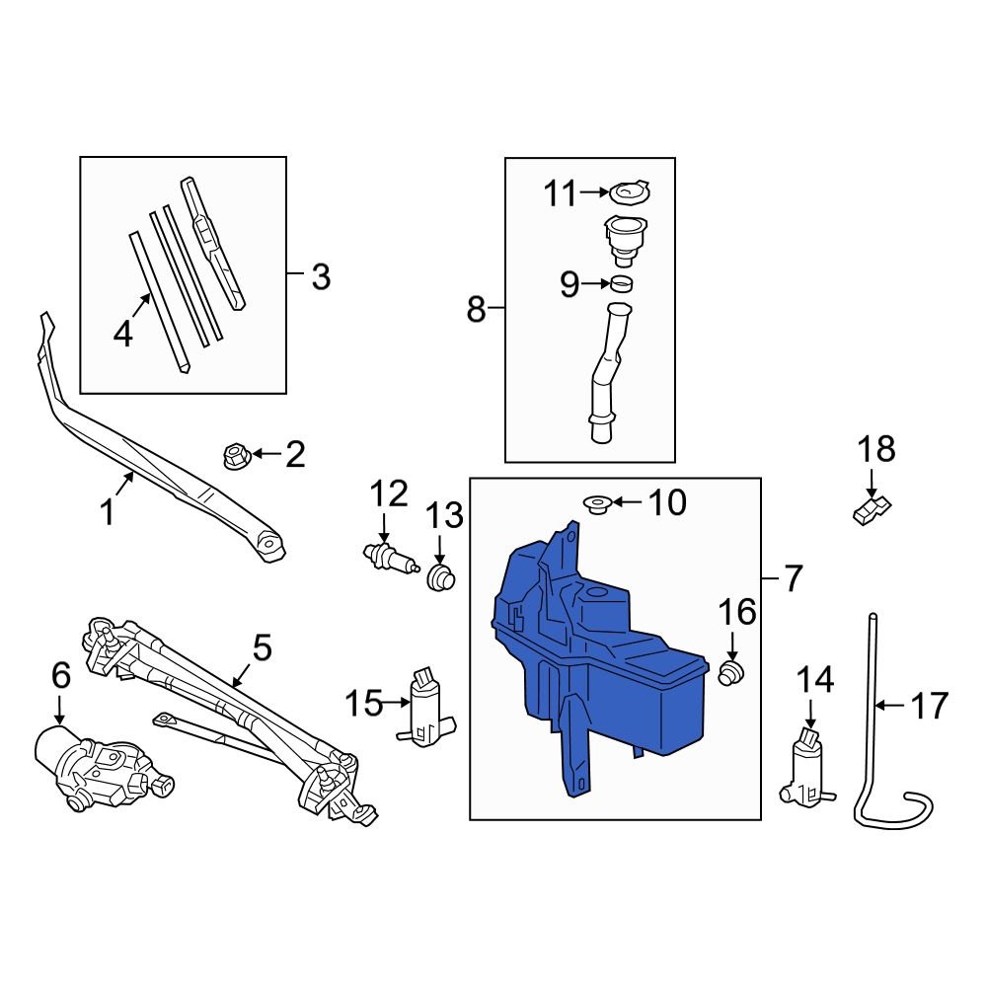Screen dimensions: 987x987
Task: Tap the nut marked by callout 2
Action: (x=235, y=456)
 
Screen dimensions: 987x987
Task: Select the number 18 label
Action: (x=874, y=449)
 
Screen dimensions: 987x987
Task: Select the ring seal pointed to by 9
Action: (x=622, y=285)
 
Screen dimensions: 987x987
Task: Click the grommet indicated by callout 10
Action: (x=595, y=504)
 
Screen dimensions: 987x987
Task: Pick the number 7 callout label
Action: (x=793, y=575)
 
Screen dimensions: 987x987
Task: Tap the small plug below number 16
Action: (x=731, y=675)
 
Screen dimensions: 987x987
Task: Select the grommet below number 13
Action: (x=441, y=576)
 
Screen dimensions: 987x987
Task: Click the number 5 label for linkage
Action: (x=261, y=648)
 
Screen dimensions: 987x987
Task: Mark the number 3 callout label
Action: (x=321, y=277)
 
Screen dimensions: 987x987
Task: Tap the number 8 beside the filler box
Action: (x=477, y=311)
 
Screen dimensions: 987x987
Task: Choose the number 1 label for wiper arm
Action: (x=108, y=512)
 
